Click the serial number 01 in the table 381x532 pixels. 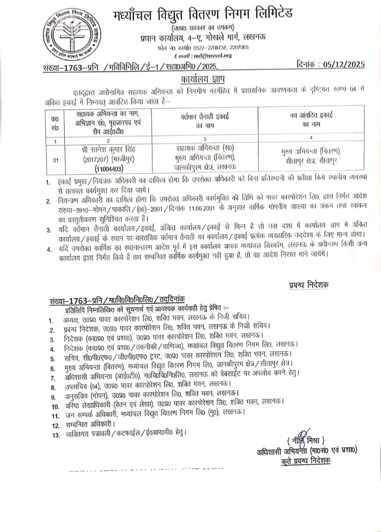[55, 158]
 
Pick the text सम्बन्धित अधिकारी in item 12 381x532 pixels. [90, 424]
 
